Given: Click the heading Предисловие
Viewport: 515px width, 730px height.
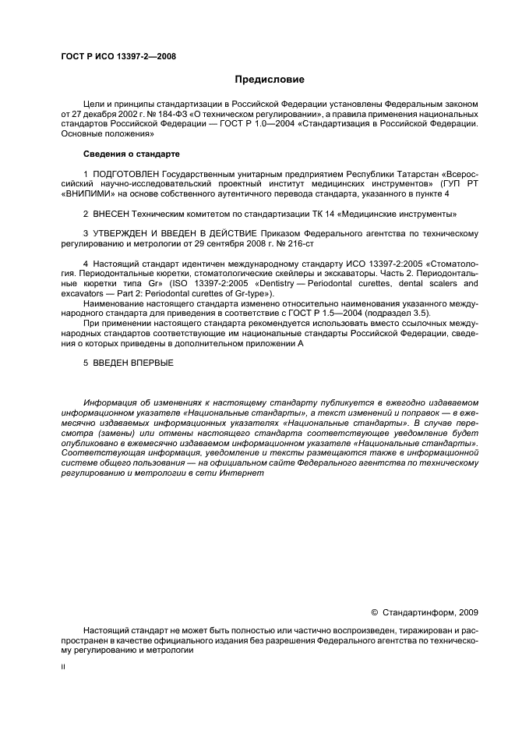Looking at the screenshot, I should point(270,80).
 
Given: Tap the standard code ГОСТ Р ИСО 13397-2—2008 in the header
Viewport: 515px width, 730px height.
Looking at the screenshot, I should point(118,57).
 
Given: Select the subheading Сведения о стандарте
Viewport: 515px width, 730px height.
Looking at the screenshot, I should point(131,154).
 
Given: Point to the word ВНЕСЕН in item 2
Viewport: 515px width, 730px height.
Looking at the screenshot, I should point(114,213).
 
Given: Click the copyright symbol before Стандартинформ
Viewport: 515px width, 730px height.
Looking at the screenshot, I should point(374,612).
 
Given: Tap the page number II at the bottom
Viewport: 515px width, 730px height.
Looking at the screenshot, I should point(64,667).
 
